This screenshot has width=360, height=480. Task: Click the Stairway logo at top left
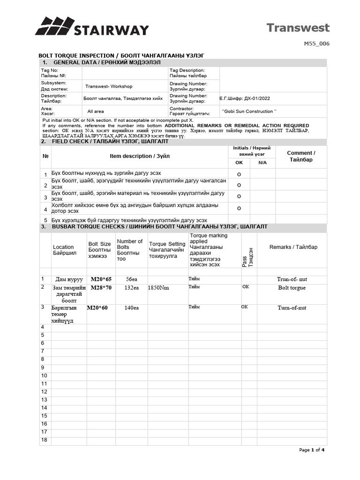(92, 27)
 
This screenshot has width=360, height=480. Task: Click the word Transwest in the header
(298, 28)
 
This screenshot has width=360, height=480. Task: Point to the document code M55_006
(318, 44)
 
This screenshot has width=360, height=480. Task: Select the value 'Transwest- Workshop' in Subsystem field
(109, 86)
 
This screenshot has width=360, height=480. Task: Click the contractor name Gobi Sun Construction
(249, 111)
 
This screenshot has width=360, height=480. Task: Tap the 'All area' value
(96, 112)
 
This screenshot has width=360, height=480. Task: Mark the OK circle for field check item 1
(239, 174)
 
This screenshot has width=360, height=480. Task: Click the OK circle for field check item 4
(239, 208)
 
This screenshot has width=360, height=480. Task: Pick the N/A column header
(262, 162)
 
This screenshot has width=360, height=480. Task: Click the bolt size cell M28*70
(101, 287)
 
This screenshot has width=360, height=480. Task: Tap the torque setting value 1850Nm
(158, 288)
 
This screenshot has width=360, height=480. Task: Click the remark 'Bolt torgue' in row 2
(292, 287)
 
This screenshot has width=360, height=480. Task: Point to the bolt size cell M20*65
(101, 279)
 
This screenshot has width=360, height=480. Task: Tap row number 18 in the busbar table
(45, 440)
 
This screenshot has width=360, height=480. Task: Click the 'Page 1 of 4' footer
(312, 450)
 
